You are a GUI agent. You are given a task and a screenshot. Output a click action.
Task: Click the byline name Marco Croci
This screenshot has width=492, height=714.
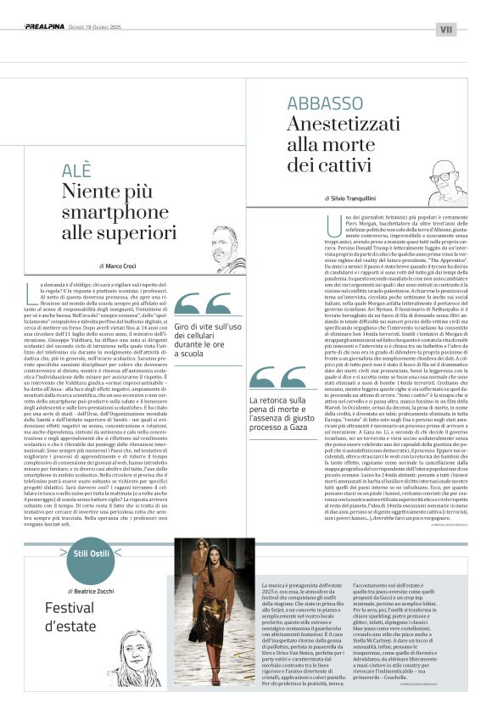(x=126, y=265)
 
